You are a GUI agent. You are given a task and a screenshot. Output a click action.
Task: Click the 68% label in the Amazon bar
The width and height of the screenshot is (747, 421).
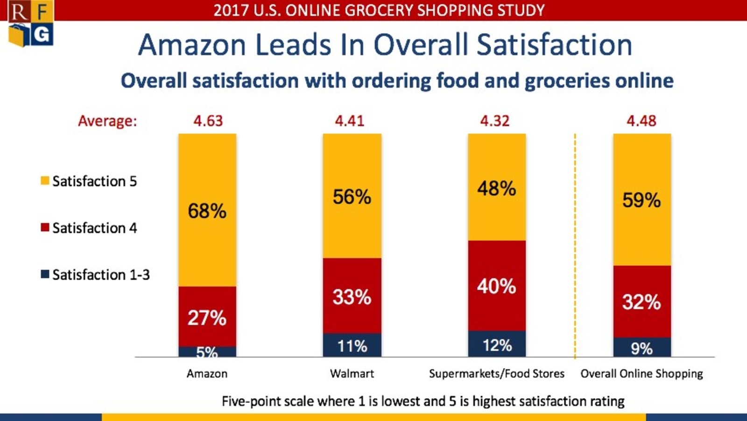click(207, 211)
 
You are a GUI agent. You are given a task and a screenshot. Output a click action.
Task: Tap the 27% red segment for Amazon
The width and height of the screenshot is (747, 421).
click(207, 317)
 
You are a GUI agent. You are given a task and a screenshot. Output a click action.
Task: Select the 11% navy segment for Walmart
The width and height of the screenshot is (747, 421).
click(352, 346)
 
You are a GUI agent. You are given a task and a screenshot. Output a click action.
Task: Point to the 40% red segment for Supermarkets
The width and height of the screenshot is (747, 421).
click(496, 286)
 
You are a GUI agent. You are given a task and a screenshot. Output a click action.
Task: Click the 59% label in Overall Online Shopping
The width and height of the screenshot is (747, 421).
click(641, 200)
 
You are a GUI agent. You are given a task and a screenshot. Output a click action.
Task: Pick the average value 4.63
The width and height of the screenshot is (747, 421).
click(208, 121)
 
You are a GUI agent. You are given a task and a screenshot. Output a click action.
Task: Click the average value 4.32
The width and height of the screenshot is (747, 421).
click(495, 121)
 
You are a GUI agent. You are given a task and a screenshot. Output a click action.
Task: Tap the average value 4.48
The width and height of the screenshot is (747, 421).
click(641, 121)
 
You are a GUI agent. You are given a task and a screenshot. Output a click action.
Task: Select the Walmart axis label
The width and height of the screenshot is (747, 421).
click(352, 374)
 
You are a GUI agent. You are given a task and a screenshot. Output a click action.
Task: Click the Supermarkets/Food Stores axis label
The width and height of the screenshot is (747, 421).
click(497, 374)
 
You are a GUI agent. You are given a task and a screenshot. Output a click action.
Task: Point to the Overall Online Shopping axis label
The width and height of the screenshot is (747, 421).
click(641, 374)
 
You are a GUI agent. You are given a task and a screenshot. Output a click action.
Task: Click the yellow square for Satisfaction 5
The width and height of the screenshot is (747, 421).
click(45, 181)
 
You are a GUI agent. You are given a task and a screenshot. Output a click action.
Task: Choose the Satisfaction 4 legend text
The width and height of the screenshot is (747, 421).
click(94, 228)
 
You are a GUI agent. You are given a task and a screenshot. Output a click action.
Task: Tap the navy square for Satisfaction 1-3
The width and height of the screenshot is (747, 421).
click(45, 274)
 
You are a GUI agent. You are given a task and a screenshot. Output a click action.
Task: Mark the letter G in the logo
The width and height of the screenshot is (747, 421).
click(42, 35)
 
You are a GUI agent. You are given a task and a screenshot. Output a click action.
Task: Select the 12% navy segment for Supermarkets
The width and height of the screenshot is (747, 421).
click(497, 345)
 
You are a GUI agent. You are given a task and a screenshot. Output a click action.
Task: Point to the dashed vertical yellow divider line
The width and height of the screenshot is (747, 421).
click(575, 243)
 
